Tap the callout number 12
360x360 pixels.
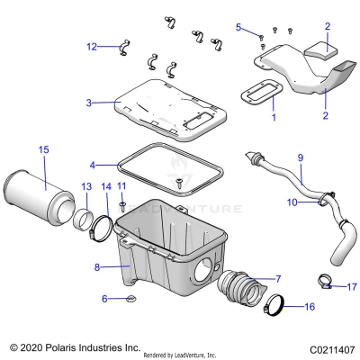pos(92,47)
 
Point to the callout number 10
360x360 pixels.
pos(292,202)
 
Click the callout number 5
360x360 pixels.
pos(239,28)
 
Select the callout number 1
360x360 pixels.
pos(274,117)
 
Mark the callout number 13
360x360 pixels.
pos(86,186)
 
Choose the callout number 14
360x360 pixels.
pos(106,186)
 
